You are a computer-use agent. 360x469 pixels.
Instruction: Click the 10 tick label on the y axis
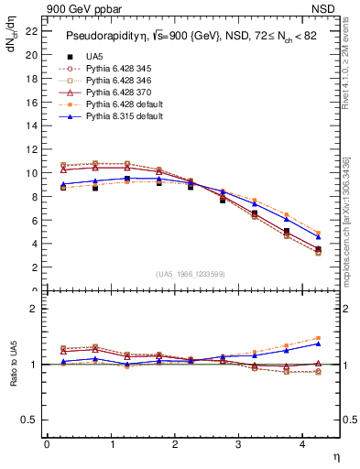click(x=32, y=173)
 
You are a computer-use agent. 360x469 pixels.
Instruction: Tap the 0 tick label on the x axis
click(x=47, y=443)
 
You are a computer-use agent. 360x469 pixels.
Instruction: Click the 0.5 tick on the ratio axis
click(x=30, y=420)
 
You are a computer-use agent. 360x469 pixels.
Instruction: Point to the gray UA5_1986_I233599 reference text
click(x=192, y=274)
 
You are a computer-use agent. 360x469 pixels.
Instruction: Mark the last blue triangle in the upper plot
click(x=318, y=236)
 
